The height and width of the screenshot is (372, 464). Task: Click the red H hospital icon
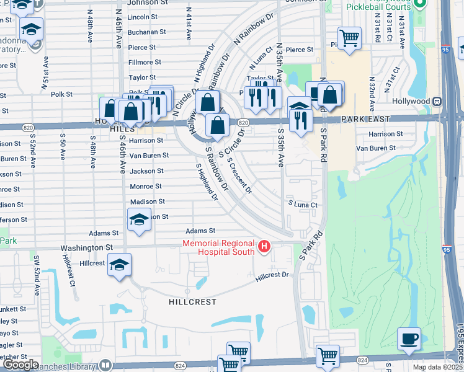pyautogui.click(x=265, y=247)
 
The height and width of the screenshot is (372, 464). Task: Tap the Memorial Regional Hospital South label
pyautogui.click(x=218, y=247)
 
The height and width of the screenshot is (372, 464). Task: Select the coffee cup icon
pyautogui.click(x=409, y=340)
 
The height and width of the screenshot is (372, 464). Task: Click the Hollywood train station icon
pyautogui.click(x=437, y=100)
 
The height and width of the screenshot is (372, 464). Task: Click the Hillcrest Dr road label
pyautogui.click(x=272, y=275)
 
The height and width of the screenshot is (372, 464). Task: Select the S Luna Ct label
pyautogui.click(x=302, y=205)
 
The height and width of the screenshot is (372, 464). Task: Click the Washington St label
pyautogui.click(x=86, y=247)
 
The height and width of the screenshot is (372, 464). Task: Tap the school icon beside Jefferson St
pyautogui.click(x=139, y=219)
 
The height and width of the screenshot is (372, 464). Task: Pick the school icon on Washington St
pyautogui.click(x=118, y=265)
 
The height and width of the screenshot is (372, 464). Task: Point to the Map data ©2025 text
pyautogui.click(x=437, y=367)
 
